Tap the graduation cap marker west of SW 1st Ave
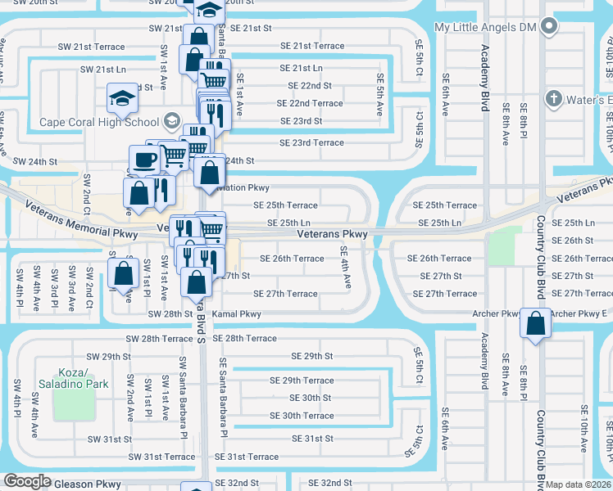tap(122, 100)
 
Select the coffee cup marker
tap(145, 160)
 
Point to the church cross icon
tap(553, 100)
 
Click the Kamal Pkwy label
tap(236, 314)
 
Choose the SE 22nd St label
tap(309, 86)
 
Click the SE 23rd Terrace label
tap(311, 142)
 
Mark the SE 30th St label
tap(310, 399)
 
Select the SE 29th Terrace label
tap(302, 381)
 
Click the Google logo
tap(27, 482)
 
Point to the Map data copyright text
tap(579, 484)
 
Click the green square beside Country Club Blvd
tap(503, 246)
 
